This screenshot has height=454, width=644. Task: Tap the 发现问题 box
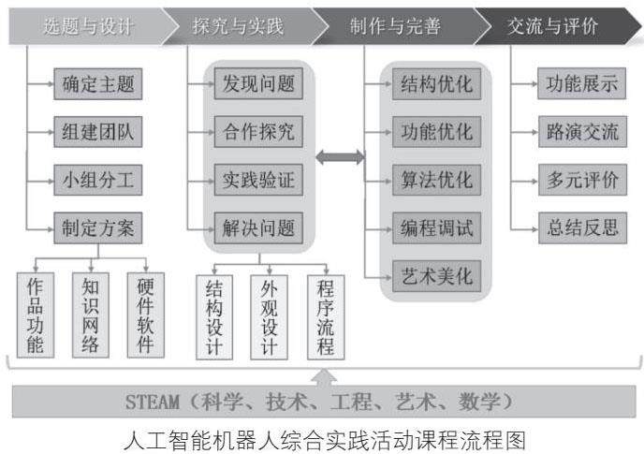[x=254, y=84]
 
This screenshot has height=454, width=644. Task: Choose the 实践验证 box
[x=254, y=180]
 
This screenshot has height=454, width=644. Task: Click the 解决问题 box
[x=254, y=227]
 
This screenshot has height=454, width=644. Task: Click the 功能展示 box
[x=581, y=84]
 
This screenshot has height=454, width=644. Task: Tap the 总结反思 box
[x=581, y=227]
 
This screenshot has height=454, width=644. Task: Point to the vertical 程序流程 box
[x=326, y=316]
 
